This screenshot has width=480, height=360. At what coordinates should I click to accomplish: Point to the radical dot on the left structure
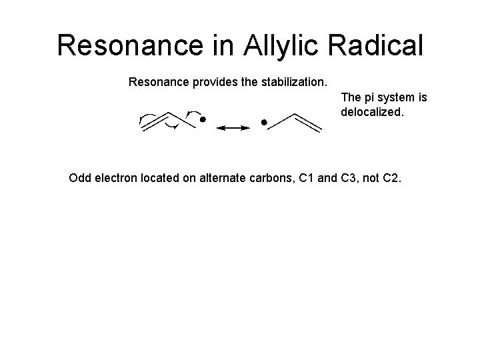(203, 122)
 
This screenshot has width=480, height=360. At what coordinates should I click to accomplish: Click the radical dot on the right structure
(264, 123)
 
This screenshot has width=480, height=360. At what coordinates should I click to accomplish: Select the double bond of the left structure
(155, 123)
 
